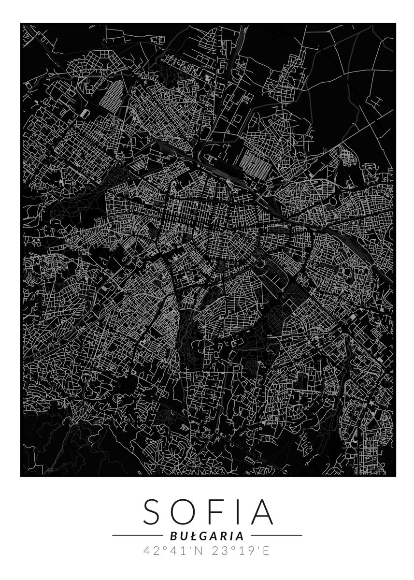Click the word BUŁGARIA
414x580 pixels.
coord(207,536)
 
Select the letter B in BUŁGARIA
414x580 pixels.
coord(172,536)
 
